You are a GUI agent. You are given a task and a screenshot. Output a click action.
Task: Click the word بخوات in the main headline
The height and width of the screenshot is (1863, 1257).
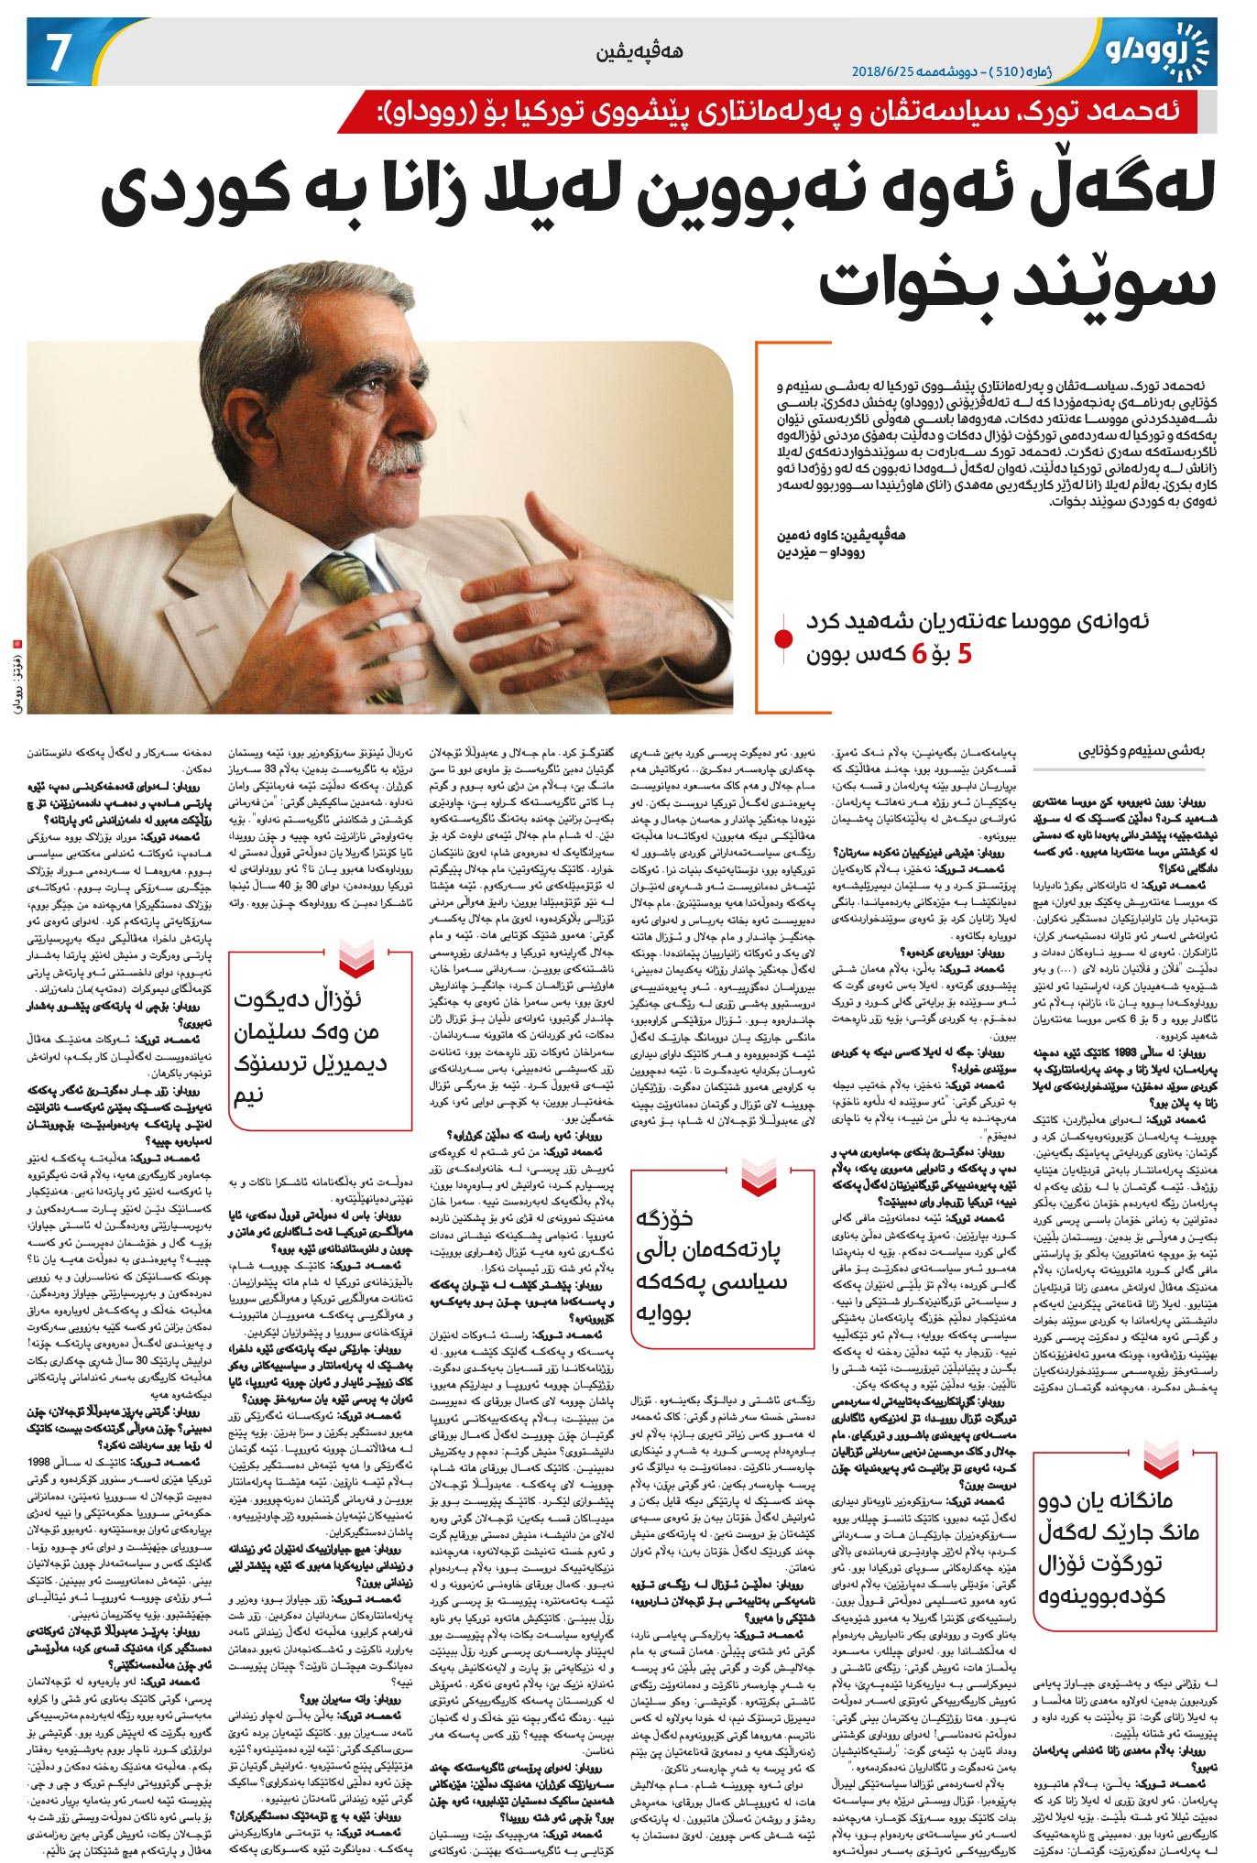(x=907, y=281)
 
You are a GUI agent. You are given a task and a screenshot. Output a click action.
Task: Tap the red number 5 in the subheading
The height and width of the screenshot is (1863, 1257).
(x=963, y=654)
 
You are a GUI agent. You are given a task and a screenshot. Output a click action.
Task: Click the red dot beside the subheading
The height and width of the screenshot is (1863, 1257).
(x=783, y=637)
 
